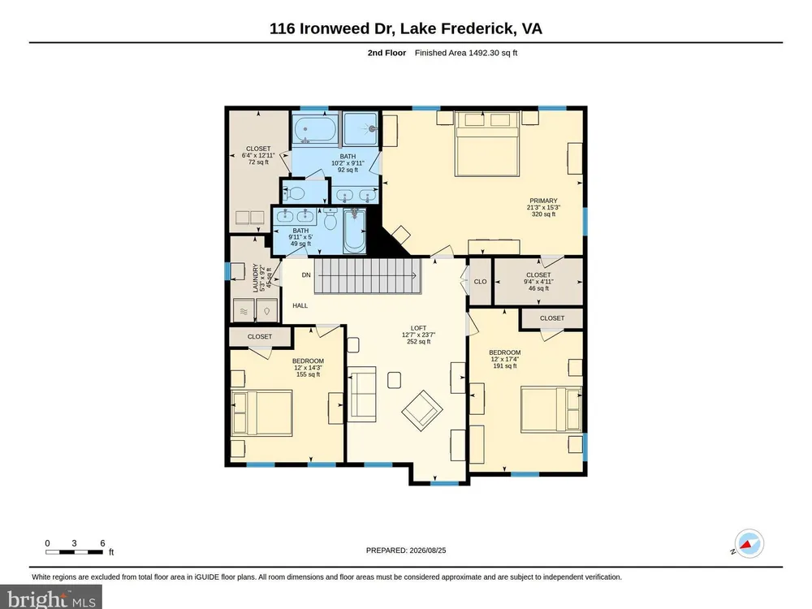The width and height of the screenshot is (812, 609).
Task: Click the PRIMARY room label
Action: click(543, 201)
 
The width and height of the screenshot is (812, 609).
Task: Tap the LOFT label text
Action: click(418, 328)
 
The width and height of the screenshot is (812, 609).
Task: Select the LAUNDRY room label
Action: click(255, 278)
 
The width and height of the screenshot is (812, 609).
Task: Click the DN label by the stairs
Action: click(306, 275)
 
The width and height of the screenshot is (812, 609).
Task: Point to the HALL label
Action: click(300, 305)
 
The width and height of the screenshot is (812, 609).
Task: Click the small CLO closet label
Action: click(480, 282)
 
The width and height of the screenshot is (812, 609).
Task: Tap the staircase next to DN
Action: click(368, 276)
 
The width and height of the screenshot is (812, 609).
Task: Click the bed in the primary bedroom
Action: click(487, 144)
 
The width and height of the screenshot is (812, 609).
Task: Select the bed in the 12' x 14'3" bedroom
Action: click(262, 412)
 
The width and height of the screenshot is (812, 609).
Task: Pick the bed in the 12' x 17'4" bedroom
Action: click(551, 408)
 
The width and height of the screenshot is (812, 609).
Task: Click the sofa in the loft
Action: click(361, 394)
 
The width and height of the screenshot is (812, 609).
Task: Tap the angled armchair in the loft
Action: click(422, 410)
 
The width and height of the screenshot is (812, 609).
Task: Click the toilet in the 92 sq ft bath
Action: click(295, 193)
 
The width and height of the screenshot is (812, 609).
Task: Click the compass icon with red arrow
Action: click(749, 544)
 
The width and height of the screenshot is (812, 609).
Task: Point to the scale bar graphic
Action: click(74, 552)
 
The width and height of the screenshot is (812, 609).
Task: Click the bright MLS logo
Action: click(51, 598)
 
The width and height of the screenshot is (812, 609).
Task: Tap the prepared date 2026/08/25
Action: click(427, 551)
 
